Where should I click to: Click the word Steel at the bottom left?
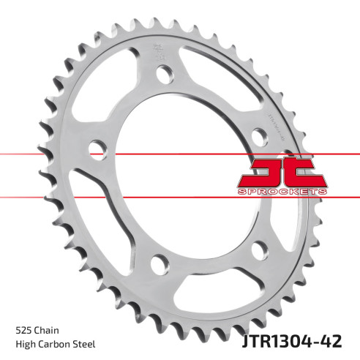(86, 344)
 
